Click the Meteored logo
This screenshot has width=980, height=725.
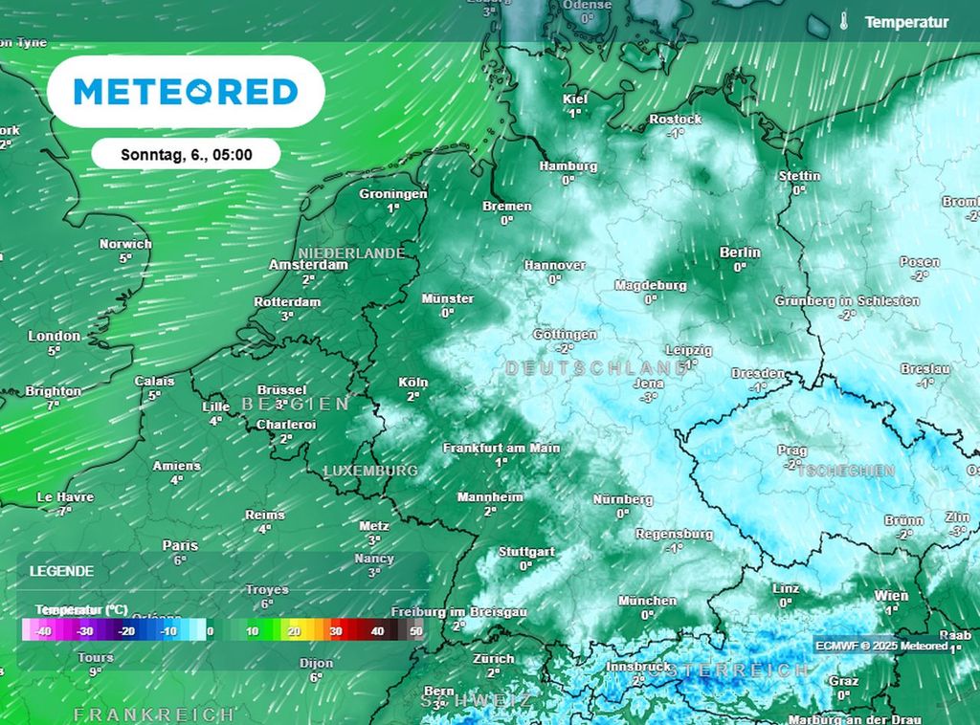click(186, 92)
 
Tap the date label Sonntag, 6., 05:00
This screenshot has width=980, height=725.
click(187, 154)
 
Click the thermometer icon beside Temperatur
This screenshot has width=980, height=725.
click(845, 21)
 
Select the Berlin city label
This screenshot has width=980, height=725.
click(740, 253)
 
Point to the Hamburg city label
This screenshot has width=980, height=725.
click(568, 166)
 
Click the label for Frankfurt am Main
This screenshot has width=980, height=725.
click(501, 448)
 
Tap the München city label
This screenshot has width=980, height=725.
click(647, 601)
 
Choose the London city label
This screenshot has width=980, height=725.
click(55, 336)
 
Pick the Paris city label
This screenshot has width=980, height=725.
click(180, 545)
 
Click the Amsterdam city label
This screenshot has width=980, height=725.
click(308, 265)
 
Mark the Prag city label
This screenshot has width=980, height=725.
click(792, 450)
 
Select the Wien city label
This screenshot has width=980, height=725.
click(891, 596)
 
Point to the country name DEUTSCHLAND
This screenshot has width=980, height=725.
click(595, 368)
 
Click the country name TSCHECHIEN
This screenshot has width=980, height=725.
click(845, 471)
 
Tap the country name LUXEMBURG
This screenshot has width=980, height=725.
click(370, 471)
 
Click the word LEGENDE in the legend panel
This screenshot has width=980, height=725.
click(61, 571)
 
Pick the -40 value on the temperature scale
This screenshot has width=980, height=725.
click(42, 631)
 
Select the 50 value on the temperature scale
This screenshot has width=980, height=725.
click(415, 631)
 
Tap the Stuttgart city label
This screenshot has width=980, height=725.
click(526, 552)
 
